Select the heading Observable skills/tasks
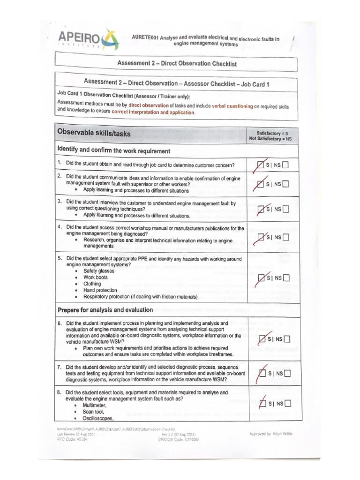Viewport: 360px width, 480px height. pyautogui.click(x=94, y=134)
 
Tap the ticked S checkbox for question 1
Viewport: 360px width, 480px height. pyautogui.click(x=261, y=165)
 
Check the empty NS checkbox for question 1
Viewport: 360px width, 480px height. pyautogui.click(x=285, y=165)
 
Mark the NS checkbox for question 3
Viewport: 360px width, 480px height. pyautogui.click(x=285, y=209)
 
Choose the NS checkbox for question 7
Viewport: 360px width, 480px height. pyautogui.click(x=287, y=373)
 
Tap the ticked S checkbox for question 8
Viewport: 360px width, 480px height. pyautogui.click(x=262, y=403)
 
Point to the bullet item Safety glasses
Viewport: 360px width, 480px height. pyautogui.click(x=98, y=271)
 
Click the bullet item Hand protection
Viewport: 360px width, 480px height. pyautogui.click(x=100, y=290)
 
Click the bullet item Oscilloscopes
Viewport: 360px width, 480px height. pyautogui.click(x=98, y=418)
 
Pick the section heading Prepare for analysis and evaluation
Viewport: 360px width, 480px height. pyautogui.click(x=105, y=309)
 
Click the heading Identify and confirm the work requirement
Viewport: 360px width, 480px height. pyautogui.click(x=113, y=150)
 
